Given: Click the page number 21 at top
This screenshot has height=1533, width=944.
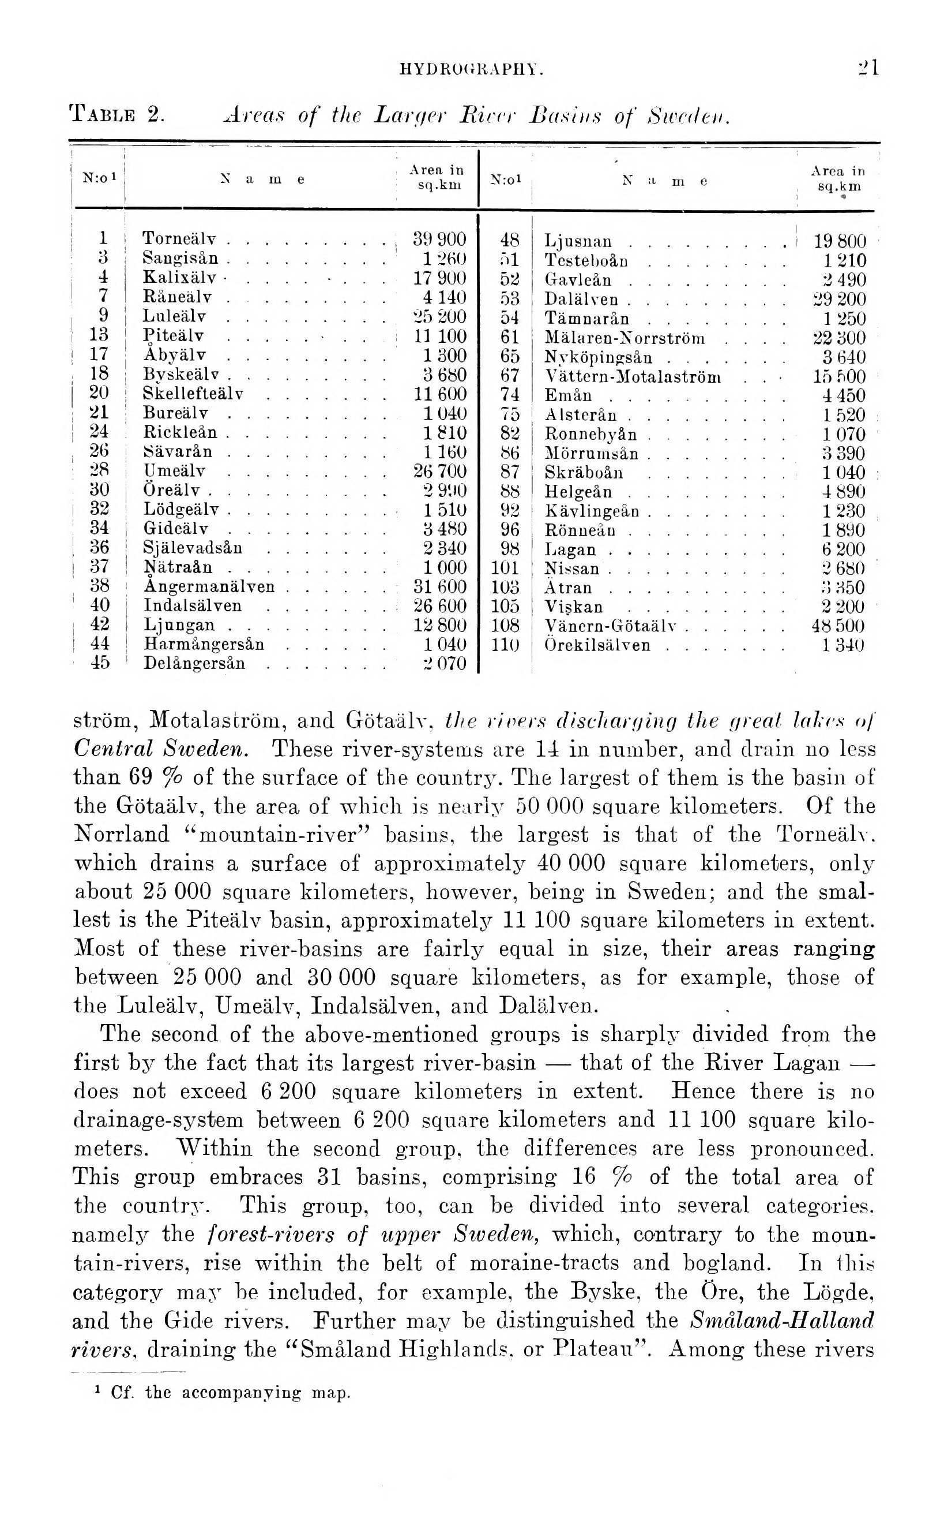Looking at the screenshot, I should point(868,67).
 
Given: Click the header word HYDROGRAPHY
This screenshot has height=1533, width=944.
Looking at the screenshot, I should point(471,70).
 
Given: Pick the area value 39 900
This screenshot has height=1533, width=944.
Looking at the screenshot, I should point(439,240).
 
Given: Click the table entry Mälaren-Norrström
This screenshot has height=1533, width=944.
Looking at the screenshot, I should point(625,338).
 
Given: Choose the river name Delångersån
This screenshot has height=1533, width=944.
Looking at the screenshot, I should point(194,663).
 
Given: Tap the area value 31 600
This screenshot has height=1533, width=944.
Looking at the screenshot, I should point(439,586).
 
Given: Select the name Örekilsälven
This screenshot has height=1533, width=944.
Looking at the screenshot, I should point(597,645).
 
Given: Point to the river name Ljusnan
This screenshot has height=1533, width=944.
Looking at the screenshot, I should point(578,241).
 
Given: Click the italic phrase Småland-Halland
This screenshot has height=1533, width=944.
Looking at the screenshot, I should point(783,1321).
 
